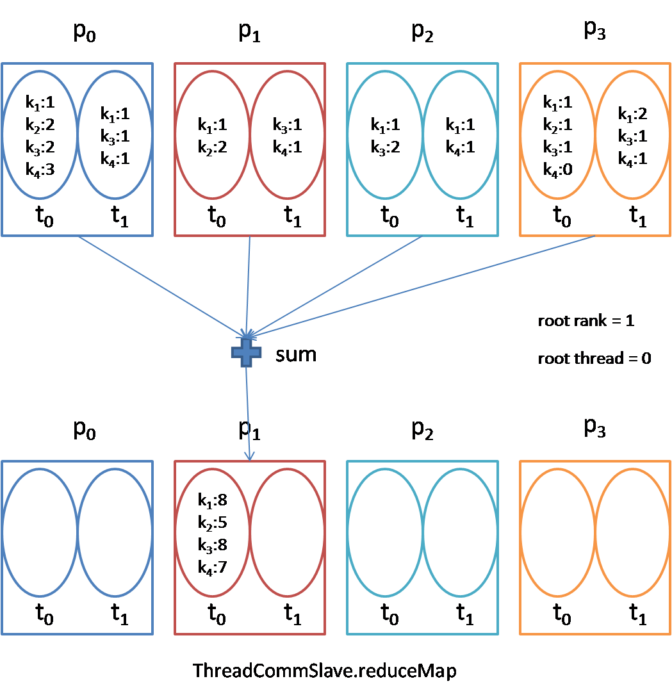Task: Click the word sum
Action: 296,354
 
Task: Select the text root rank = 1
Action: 586,321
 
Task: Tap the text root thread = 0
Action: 594,358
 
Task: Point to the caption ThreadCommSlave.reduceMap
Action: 325,670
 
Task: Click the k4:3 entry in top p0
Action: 40,169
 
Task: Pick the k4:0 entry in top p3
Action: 557,170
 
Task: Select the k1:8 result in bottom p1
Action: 213,500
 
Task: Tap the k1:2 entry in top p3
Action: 632,114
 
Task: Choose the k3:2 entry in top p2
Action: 386,147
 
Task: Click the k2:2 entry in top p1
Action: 213,147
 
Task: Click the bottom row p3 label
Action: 594,429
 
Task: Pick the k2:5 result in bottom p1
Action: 213,522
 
